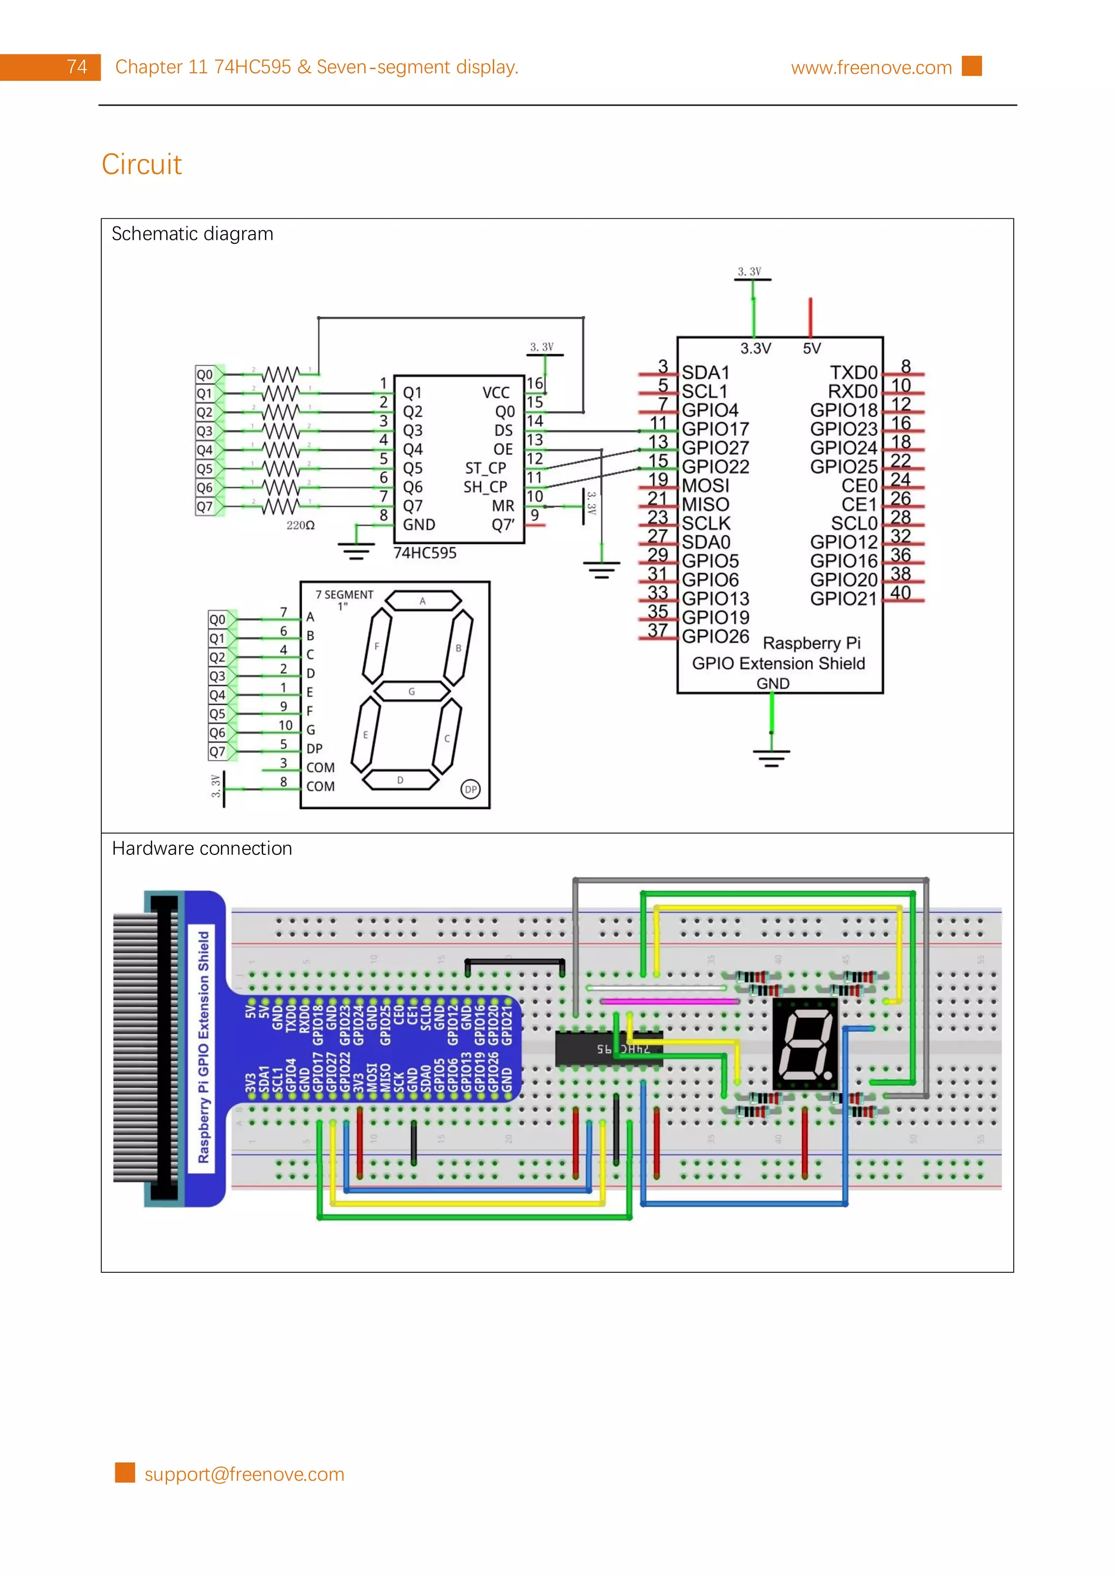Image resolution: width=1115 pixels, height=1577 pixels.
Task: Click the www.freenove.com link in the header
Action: point(871,67)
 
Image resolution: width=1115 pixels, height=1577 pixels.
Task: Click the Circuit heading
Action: point(142,164)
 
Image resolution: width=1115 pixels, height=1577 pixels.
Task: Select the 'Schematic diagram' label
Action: point(192,234)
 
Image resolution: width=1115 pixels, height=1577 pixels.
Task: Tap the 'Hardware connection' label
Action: point(202,848)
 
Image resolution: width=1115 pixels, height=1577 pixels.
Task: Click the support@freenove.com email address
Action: point(244,1474)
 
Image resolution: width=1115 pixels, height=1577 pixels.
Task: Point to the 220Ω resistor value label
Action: point(300,526)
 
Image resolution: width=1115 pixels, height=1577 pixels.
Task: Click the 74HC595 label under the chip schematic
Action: point(425,553)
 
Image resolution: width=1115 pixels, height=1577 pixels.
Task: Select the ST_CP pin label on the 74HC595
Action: point(485,468)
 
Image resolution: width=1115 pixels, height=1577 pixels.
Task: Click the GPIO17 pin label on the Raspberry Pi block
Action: point(714,429)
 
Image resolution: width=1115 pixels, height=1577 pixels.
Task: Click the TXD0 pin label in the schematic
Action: point(853,372)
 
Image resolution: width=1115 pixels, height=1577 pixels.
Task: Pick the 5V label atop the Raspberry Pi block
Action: point(811,348)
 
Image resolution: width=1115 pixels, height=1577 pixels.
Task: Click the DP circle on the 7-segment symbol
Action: point(470,789)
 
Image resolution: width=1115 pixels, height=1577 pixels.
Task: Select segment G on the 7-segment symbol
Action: point(412,691)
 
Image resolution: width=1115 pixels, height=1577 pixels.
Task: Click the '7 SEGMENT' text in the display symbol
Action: point(344,595)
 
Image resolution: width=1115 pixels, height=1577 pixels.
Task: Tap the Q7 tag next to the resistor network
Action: point(205,507)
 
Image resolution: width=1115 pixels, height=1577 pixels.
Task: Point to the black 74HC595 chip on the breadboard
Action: point(608,1049)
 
